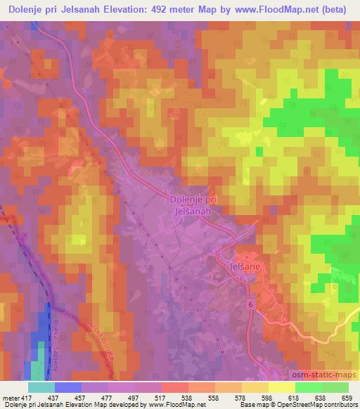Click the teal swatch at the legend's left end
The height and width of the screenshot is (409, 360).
[41, 387]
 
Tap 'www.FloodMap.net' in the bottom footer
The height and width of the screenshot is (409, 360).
[176, 405]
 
